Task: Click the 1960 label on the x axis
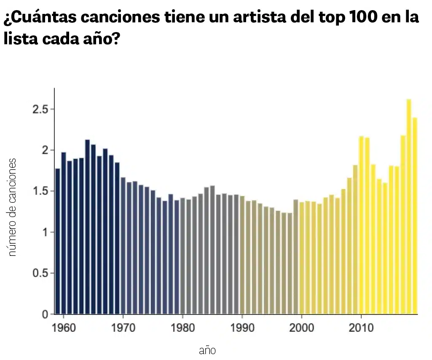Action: [64, 328]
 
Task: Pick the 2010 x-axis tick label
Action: [361, 328]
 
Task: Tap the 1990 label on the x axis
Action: [242, 328]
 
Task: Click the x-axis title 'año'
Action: [207, 350]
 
